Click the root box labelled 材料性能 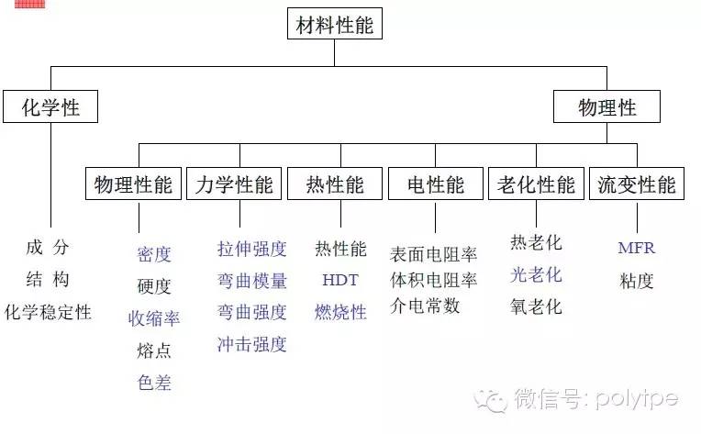[x=334, y=24]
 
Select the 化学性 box [x=50, y=106]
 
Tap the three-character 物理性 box [x=606, y=106]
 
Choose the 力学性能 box [x=234, y=184]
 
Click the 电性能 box [x=436, y=184]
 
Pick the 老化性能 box [x=536, y=184]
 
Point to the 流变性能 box [x=637, y=184]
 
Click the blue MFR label [x=637, y=248]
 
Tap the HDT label [x=340, y=280]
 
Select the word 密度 [x=154, y=254]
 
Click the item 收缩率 [x=154, y=318]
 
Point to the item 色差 [x=154, y=383]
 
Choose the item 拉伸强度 [x=252, y=249]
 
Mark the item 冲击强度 [x=252, y=344]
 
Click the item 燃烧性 [x=340, y=312]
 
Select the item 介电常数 [x=425, y=306]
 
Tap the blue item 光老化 [x=536, y=274]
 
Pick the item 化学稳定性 [x=48, y=312]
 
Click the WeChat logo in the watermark [x=491, y=400]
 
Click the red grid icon [x=30, y=4]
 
